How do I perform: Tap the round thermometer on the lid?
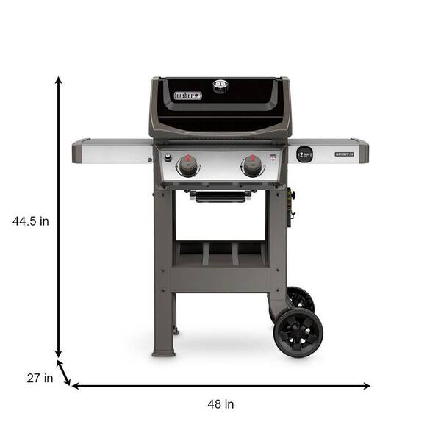coord(220,85)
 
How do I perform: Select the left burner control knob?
coord(188,166)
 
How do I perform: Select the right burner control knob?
coord(252,166)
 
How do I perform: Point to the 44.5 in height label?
coord(31,220)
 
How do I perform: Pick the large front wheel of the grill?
coord(298,332)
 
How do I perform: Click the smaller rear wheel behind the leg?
coord(300,298)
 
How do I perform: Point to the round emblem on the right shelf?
coord(304,154)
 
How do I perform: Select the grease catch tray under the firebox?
coord(220,196)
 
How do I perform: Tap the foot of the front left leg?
coord(163,351)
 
